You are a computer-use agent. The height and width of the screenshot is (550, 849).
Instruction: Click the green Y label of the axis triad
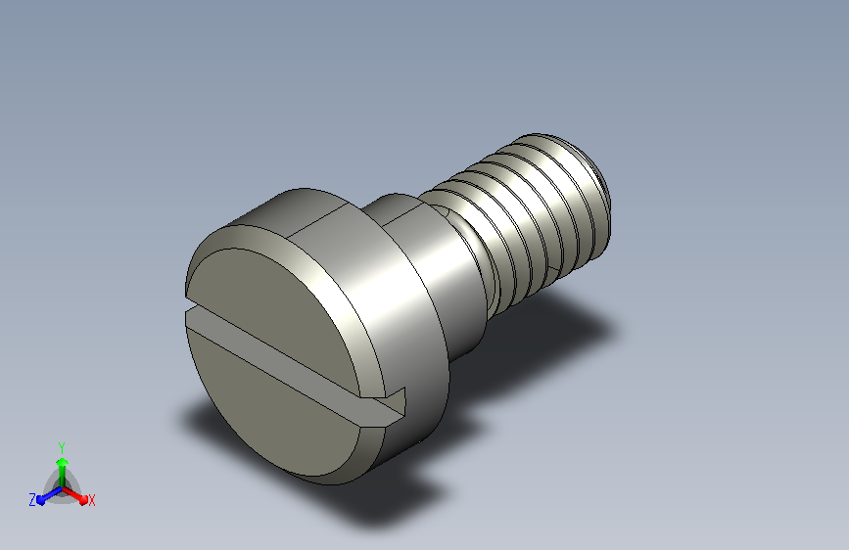[62, 447]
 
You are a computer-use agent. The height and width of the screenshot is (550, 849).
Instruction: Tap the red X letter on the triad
[91, 500]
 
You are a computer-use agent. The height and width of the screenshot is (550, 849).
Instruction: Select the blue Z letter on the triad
[32, 500]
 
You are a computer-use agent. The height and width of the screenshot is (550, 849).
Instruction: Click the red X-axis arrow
[75, 495]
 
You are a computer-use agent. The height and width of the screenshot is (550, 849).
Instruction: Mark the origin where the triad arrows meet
[63, 488]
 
